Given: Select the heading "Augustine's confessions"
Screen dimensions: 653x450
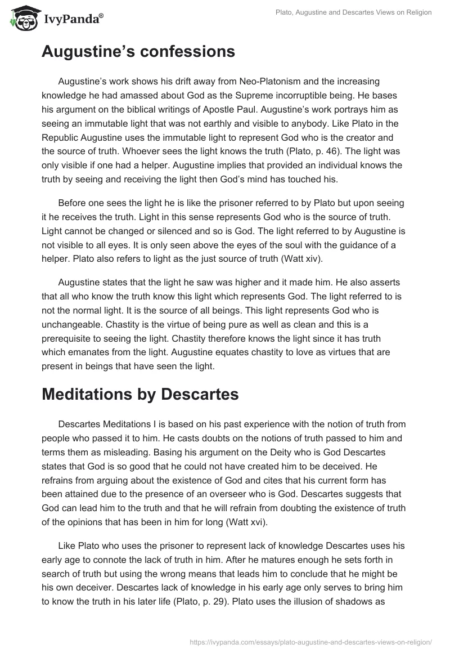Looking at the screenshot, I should tap(138, 52).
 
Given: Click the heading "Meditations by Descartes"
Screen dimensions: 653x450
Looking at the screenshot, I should tap(140, 394).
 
